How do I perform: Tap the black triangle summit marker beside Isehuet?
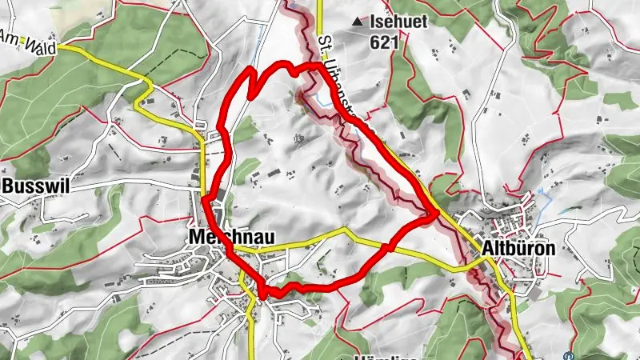tap(358, 23)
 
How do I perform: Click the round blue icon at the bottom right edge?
tap(568, 356)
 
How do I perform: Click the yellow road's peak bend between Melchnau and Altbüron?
tap(345, 230)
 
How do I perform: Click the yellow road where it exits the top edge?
tap(318, 3)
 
